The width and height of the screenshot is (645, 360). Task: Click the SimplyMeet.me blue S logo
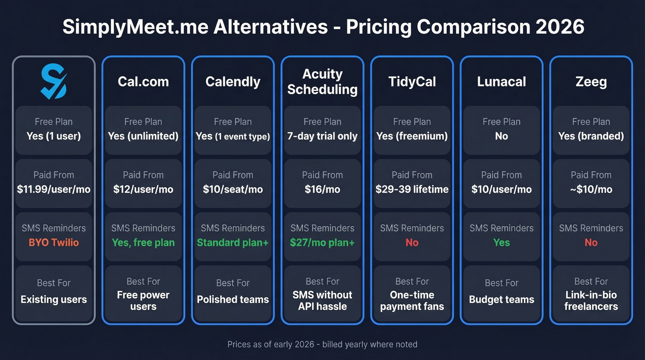[54, 82]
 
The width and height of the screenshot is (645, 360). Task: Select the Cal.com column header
[143, 82]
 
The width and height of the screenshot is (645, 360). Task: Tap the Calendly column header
[233, 82]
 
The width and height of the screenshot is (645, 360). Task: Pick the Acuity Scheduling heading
[322, 82]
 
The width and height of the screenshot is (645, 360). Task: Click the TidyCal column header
[412, 82]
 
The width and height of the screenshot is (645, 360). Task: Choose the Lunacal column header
[501, 82]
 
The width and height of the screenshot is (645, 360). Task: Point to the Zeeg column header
[591, 82]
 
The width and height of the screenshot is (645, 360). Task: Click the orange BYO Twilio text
[54, 242]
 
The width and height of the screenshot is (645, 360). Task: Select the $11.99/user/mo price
[54, 189]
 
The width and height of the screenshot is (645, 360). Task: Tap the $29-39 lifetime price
[412, 189]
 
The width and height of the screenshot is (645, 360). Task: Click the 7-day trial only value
[322, 136]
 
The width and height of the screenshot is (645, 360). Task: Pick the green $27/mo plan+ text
[322, 242]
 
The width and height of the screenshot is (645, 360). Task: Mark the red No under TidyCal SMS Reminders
[412, 242]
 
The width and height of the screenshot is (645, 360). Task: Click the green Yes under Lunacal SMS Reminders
[501, 242]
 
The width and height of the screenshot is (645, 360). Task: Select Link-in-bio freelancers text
[591, 301]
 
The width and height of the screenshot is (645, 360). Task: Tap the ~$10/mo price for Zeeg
[591, 189]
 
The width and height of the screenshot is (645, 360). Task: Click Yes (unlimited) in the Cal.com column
[143, 136]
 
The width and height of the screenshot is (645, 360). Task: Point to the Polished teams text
[233, 299]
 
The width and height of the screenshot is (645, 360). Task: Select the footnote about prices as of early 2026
[322, 344]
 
